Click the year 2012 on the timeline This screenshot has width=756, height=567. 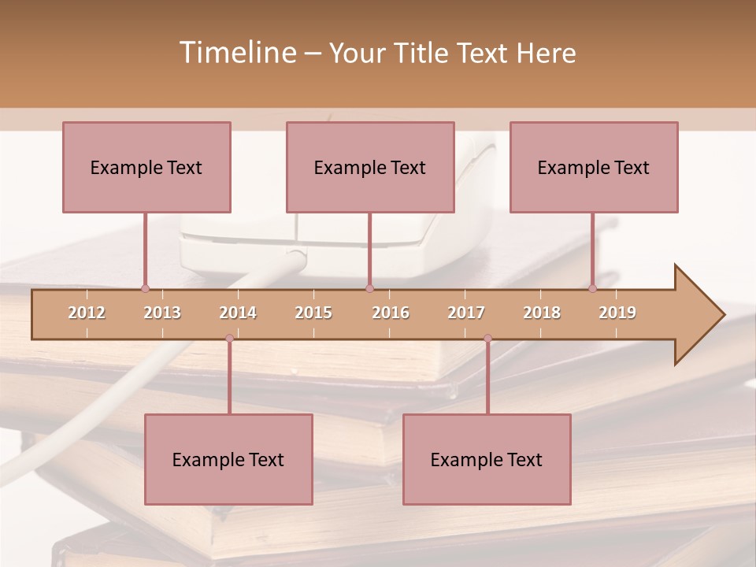pyautogui.click(x=87, y=313)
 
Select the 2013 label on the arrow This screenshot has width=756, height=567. pyautogui.click(x=162, y=313)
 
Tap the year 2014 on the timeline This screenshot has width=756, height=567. pyautogui.click(x=238, y=313)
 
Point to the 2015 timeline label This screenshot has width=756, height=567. pyautogui.click(x=313, y=313)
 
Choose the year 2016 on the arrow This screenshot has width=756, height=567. pyautogui.click(x=391, y=313)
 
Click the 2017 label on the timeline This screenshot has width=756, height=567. pyautogui.click(x=466, y=313)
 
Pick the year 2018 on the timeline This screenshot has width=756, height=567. pyautogui.click(x=542, y=313)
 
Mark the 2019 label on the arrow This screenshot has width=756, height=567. pyautogui.click(x=617, y=313)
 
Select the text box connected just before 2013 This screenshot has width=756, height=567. pyautogui.click(x=146, y=167)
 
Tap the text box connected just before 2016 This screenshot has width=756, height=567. pyautogui.click(x=370, y=167)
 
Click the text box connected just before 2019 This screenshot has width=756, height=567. pyautogui.click(x=594, y=167)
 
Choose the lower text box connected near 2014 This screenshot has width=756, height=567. pyautogui.click(x=228, y=459)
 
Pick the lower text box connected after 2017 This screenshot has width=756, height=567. pyautogui.click(x=487, y=459)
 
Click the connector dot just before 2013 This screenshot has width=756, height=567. pyautogui.click(x=145, y=289)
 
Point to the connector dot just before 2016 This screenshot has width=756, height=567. pyautogui.click(x=369, y=289)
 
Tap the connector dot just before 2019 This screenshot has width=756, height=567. pyautogui.click(x=593, y=289)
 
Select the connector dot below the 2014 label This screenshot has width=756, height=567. pyautogui.click(x=229, y=339)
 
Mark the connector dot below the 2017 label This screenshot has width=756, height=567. pyautogui.click(x=487, y=339)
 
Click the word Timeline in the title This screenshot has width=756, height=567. pyautogui.click(x=237, y=53)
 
